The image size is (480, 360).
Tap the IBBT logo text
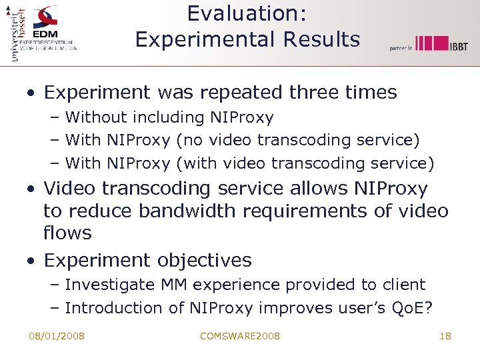458,46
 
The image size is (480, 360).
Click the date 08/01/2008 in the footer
57,336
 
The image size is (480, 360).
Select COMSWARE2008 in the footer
240,336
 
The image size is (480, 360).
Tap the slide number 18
445,336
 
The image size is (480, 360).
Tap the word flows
67,233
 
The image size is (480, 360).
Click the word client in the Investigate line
403,285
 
